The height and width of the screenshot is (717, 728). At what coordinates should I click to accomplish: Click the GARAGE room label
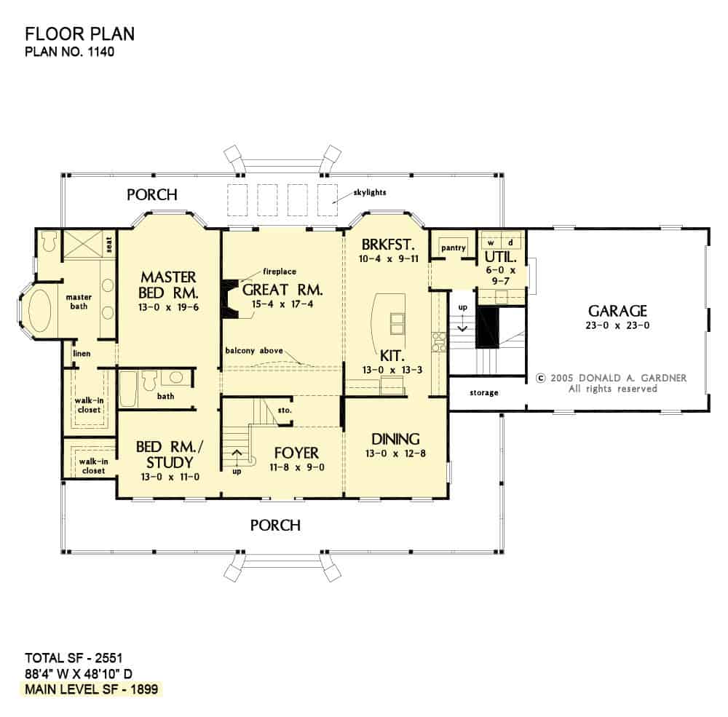point(617,311)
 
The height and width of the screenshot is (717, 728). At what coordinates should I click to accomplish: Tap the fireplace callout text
point(280,272)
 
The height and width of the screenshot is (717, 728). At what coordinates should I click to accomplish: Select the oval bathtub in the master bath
point(39,311)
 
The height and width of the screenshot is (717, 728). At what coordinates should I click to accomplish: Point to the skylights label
point(370,192)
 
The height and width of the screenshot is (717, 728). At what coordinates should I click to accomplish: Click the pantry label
point(453,248)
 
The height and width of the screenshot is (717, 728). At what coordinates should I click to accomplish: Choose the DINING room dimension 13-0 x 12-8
point(395,453)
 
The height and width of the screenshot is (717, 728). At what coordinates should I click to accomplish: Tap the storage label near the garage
point(484,392)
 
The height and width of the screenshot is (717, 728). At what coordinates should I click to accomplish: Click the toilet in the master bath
point(49,242)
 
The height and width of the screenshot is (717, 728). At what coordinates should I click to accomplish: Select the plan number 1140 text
point(70,51)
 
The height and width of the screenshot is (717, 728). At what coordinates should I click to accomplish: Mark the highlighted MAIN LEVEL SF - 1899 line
point(92,689)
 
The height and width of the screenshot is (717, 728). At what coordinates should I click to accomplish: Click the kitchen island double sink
point(397,323)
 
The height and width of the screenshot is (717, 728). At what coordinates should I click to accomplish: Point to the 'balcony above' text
point(254,351)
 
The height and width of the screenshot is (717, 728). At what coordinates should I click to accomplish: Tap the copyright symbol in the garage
point(540,378)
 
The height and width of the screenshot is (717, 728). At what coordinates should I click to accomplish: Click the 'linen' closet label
point(82,353)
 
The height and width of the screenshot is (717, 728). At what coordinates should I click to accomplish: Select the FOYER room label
point(296,453)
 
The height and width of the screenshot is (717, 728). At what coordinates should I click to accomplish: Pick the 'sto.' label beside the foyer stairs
point(285,410)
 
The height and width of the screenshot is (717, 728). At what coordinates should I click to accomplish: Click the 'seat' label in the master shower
point(109,245)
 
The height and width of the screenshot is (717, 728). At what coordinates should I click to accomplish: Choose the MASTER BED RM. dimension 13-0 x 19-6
point(169,307)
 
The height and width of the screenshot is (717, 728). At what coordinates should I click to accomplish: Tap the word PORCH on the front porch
point(275,526)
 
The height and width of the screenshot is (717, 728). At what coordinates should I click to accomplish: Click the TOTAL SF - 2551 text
point(74,657)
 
